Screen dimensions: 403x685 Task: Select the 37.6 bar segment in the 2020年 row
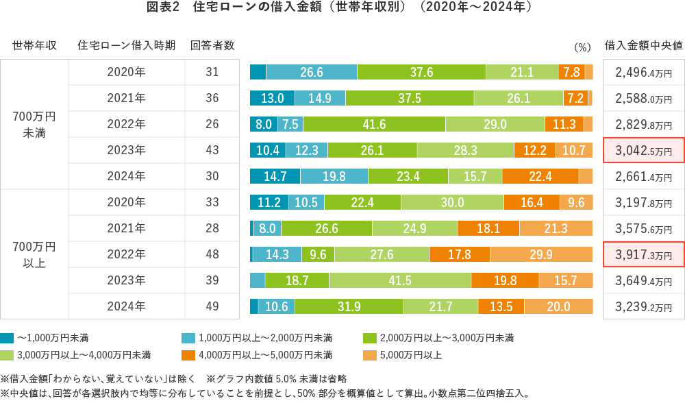(421, 72)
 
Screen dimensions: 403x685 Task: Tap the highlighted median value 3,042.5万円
(643, 150)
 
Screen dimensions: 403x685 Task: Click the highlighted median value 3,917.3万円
(643, 254)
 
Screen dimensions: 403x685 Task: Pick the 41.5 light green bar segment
(399, 280)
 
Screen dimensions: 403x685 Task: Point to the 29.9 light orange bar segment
(540, 254)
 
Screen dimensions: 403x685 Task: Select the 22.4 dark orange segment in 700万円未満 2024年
(540, 176)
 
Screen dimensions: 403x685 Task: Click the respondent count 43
(212, 150)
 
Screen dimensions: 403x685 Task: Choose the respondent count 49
(212, 306)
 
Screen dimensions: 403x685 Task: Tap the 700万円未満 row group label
(34, 124)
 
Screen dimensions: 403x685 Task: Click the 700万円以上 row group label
(34, 254)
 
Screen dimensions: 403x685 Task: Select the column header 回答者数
(212, 46)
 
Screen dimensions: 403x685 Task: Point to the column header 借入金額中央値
(643, 46)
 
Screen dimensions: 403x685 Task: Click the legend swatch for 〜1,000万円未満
(7, 338)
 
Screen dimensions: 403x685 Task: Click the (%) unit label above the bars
(582, 47)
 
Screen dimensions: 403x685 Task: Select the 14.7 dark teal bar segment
(275, 176)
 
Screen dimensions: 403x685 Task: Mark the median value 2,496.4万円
(643, 72)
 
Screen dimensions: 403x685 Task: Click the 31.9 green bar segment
(349, 306)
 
